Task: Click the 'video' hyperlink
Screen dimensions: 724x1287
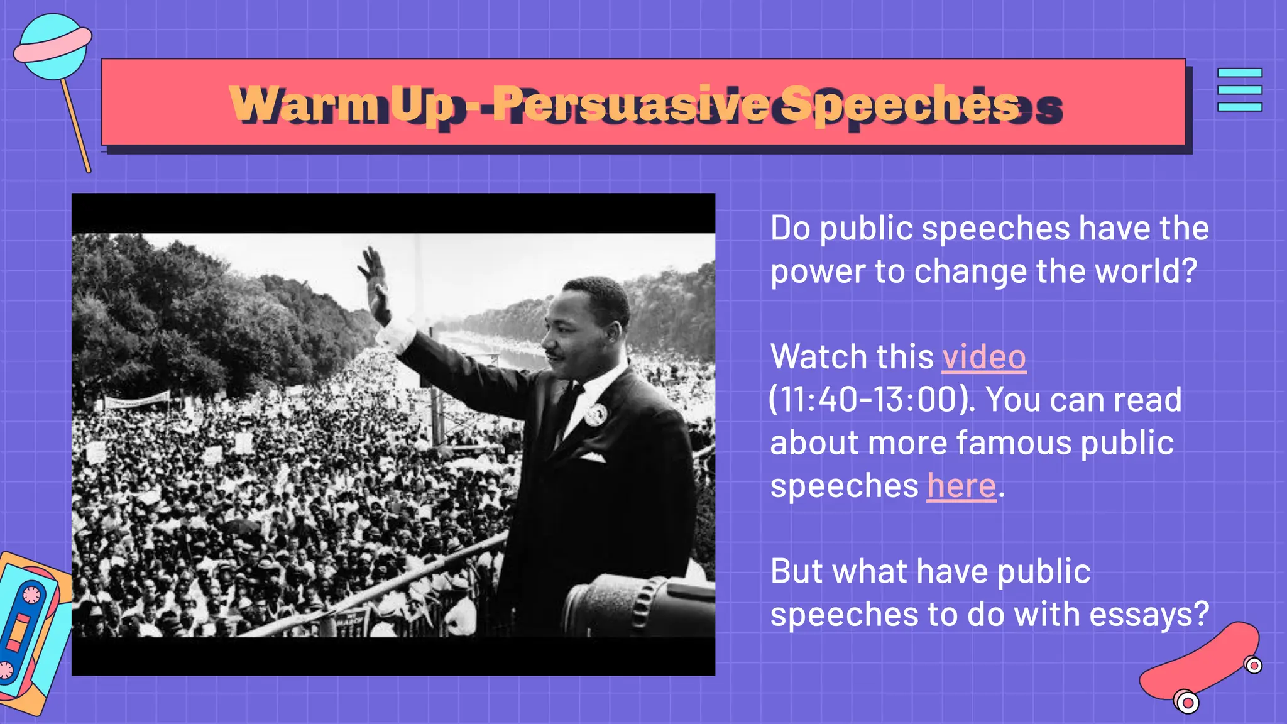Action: click(983, 358)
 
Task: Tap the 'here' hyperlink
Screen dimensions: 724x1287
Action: click(961, 486)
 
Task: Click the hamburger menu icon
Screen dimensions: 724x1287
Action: click(1239, 90)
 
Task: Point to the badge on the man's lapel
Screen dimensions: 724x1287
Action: click(594, 414)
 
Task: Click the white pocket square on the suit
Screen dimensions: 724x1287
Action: click(593, 457)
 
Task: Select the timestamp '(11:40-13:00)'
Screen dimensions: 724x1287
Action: click(871, 400)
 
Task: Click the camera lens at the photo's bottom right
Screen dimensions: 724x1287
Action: click(635, 606)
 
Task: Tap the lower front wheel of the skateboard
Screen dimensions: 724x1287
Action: click(1186, 701)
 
